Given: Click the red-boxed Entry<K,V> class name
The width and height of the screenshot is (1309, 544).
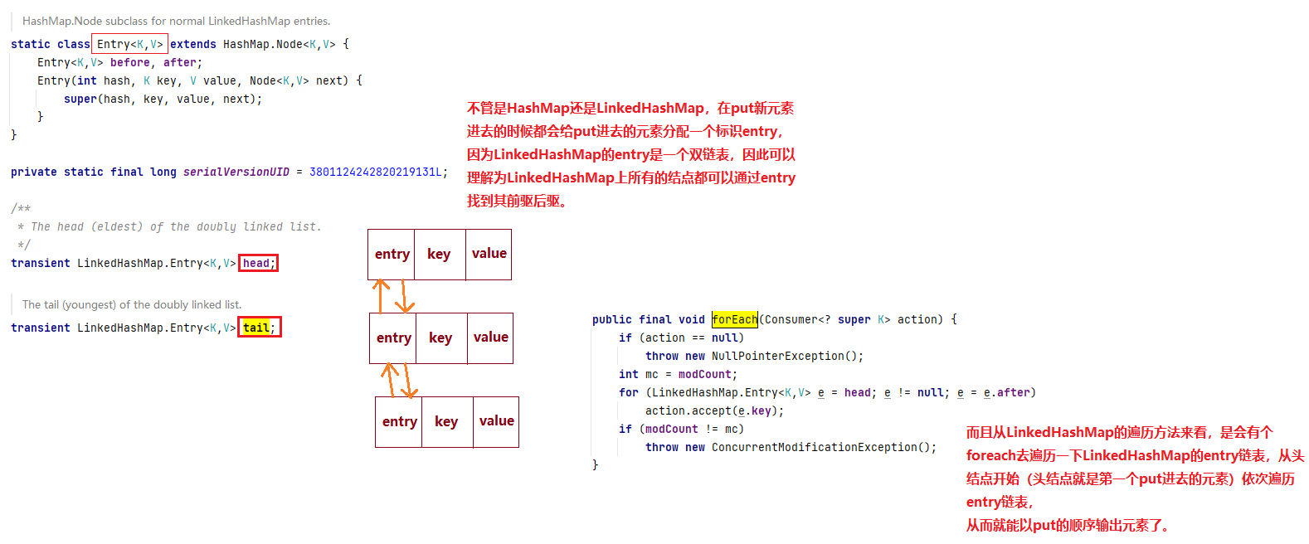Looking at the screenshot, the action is click(129, 44).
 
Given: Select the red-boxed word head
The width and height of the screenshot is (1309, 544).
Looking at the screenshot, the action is click(256, 263).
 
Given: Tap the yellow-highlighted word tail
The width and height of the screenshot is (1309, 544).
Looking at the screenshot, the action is click(256, 328).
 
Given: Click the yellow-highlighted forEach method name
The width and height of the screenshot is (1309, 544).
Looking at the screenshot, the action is click(734, 319).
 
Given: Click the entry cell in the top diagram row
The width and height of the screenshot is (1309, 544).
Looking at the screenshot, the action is click(392, 255).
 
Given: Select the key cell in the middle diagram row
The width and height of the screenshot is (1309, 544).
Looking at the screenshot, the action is click(440, 338).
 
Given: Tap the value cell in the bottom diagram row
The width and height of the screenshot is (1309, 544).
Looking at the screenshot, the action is click(496, 421).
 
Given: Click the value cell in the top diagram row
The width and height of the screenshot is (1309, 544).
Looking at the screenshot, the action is click(489, 254).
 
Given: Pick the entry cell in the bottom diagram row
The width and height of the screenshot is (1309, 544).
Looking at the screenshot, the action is click(399, 422).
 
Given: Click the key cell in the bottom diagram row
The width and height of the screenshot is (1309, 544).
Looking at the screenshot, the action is click(446, 422).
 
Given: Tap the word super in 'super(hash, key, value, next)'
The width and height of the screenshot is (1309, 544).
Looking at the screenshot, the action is click(80, 99).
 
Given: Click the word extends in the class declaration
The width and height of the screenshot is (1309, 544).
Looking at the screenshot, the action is click(192, 44).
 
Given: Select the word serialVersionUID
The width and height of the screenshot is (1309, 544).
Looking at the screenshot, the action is click(236, 172).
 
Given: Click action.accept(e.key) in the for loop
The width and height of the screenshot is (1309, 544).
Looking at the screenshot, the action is click(713, 410).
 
